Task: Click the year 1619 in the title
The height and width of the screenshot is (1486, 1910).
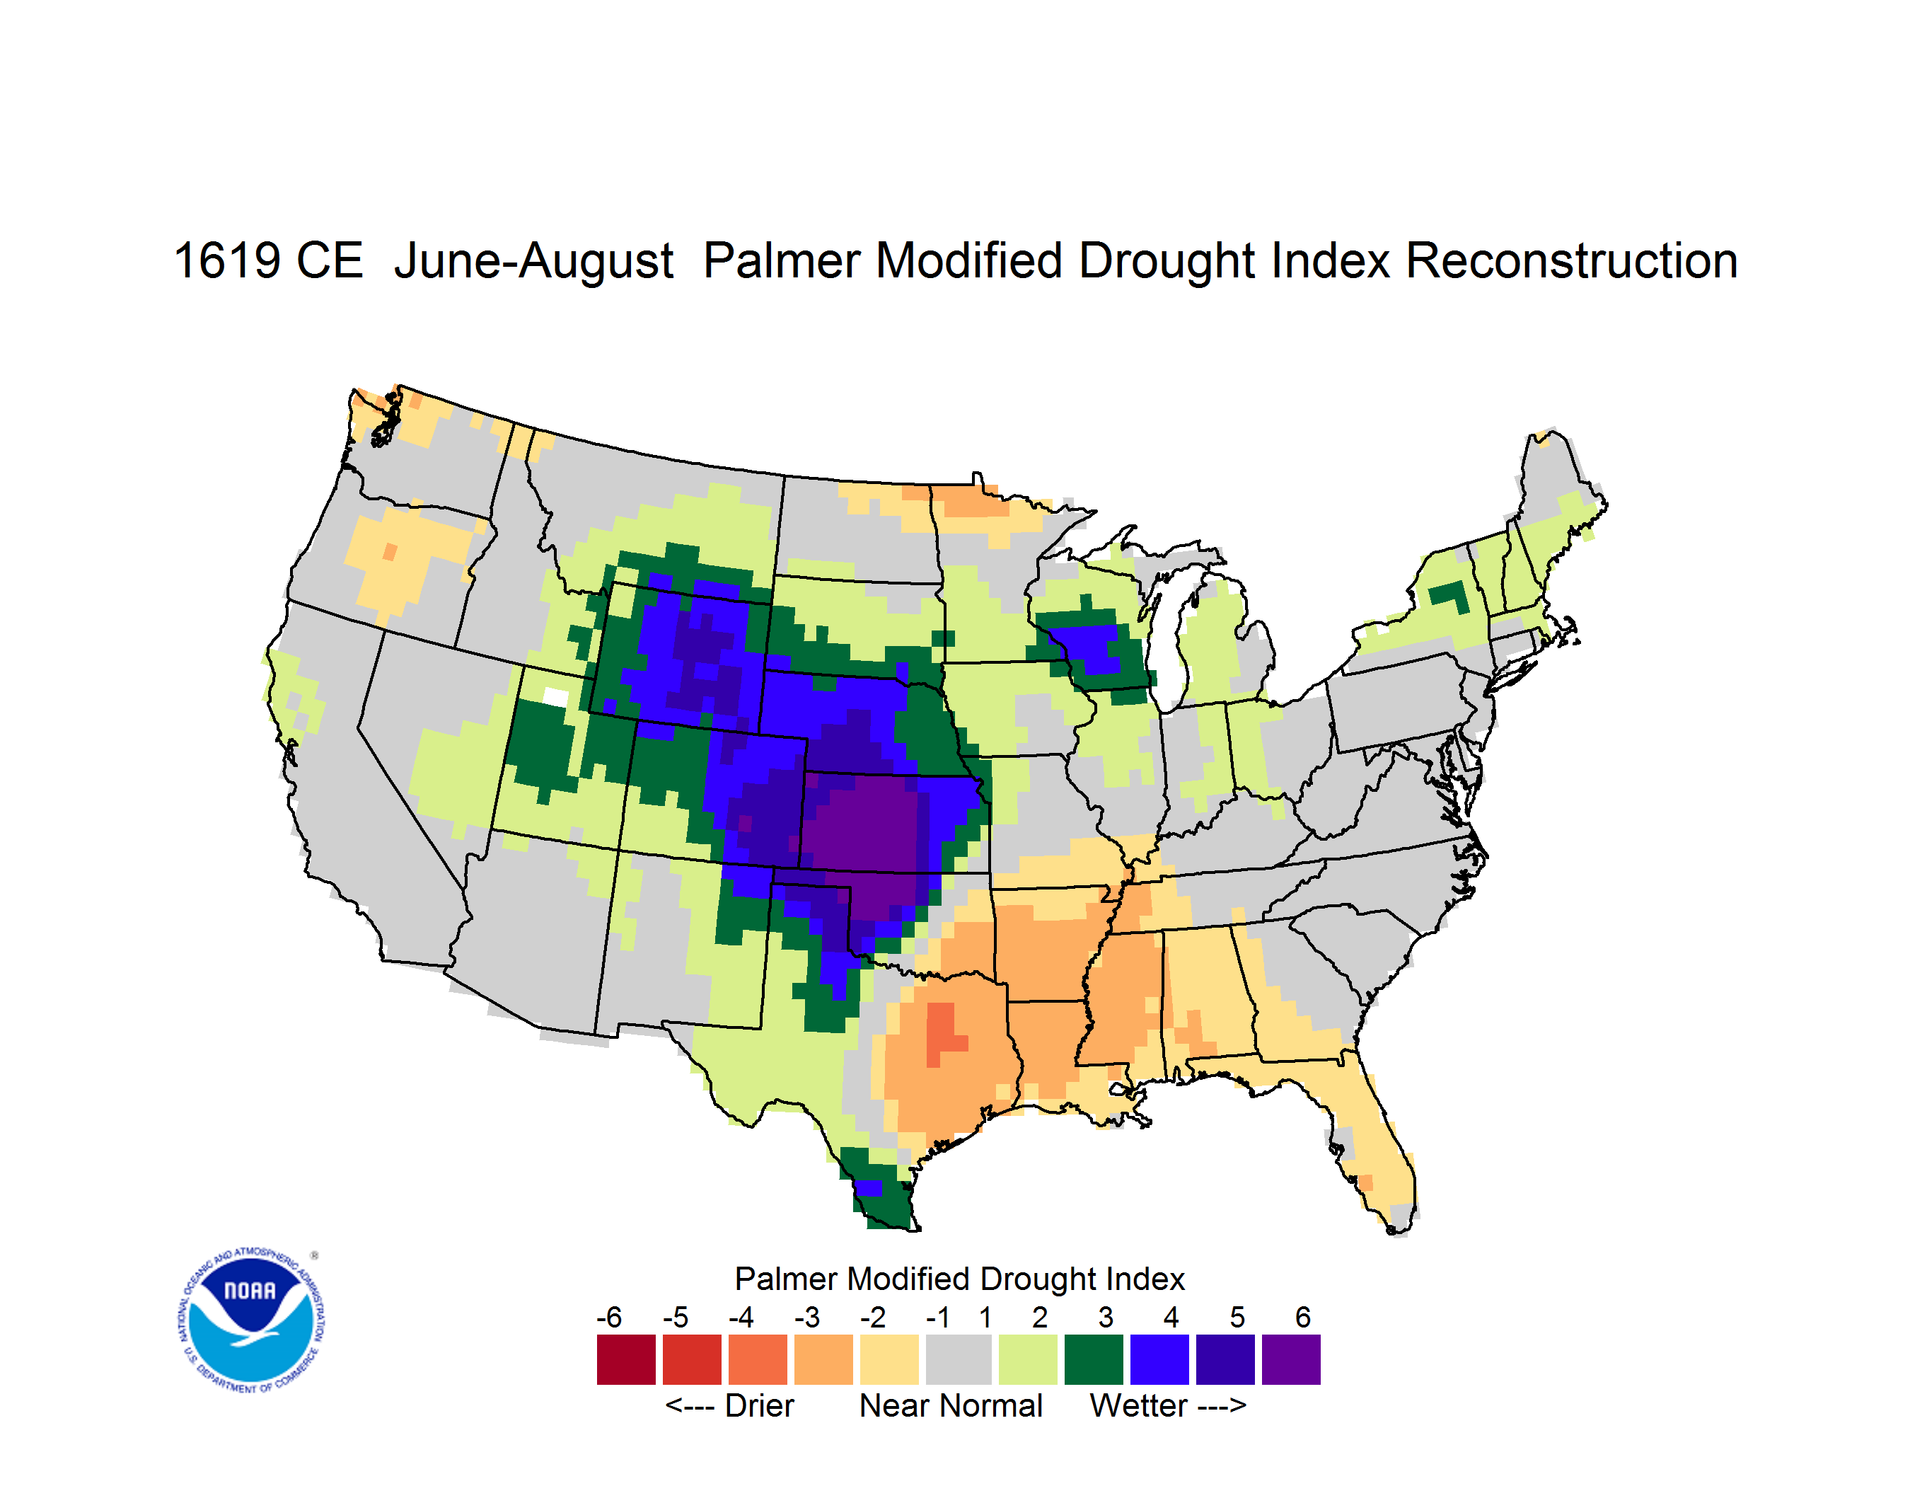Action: [x=227, y=260]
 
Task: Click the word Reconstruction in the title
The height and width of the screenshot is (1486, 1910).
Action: [x=1572, y=260]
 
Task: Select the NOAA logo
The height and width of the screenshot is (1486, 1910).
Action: [x=250, y=1320]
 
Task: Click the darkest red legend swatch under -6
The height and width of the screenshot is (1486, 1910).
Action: [x=626, y=1359]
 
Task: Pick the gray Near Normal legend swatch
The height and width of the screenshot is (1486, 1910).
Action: [x=959, y=1359]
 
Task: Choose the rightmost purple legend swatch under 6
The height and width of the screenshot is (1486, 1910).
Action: [x=1291, y=1359]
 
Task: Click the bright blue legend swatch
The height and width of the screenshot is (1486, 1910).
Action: [x=1159, y=1359]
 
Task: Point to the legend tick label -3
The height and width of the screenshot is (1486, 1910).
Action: [x=807, y=1317]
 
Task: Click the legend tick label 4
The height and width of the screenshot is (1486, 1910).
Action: [x=1171, y=1317]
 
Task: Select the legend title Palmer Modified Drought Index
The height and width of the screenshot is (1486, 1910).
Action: [x=959, y=1279]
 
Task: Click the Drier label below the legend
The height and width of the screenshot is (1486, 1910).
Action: [x=759, y=1405]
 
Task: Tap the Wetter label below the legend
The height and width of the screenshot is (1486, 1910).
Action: [x=1139, y=1405]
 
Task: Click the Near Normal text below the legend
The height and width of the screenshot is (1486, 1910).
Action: [x=951, y=1405]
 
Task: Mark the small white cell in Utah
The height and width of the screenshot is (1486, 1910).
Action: [x=555, y=697]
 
